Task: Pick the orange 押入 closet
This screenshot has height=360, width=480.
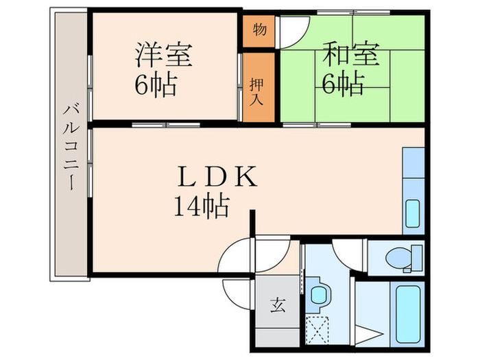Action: (258, 87)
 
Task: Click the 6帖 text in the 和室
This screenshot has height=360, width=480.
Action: (343, 84)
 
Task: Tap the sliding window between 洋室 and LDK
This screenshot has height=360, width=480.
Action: (165, 124)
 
